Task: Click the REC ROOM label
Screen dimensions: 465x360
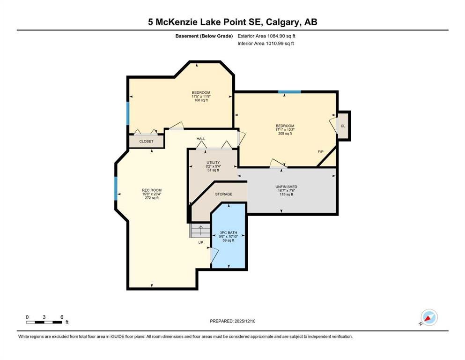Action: [x=152, y=190]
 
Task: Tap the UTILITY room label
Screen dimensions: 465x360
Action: [x=213, y=163]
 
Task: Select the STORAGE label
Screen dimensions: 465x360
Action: [x=224, y=194]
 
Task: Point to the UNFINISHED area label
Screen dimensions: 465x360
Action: [x=286, y=187]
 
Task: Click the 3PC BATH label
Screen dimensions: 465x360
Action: [x=229, y=232]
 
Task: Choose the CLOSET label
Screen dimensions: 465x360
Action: [x=146, y=142]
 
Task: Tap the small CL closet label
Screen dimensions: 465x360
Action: [x=343, y=126]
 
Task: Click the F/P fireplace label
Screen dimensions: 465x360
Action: [x=321, y=152]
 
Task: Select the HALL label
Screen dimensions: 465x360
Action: [x=201, y=139]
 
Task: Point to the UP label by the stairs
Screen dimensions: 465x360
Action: [x=201, y=242]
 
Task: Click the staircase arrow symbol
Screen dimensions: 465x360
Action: [x=200, y=230]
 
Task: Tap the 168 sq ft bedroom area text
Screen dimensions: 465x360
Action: [x=201, y=100]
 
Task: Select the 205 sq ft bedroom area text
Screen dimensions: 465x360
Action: [x=285, y=134]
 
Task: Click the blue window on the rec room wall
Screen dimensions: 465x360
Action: [x=116, y=188]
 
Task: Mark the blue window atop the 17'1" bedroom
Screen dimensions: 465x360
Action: [x=289, y=92]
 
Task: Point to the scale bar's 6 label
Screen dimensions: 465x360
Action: [x=62, y=317]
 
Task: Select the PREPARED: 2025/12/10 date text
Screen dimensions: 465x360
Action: [x=232, y=321]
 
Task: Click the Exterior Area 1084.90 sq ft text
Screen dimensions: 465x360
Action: [x=266, y=36]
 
